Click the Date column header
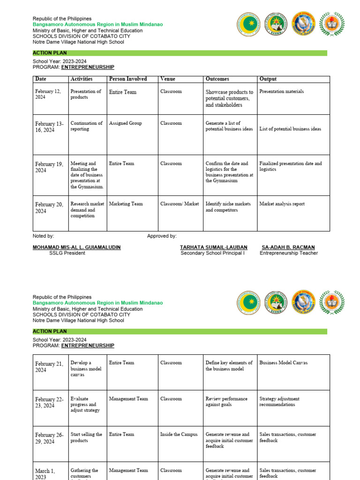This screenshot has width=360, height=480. point(41,79)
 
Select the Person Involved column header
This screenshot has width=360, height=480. point(127,79)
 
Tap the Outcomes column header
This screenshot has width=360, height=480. point(217,79)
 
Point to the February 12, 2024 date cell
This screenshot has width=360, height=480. point(48,94)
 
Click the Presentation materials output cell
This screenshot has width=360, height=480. point(281,92)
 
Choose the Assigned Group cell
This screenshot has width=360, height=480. point(125,123)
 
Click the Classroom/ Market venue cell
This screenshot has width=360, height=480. point(179,204)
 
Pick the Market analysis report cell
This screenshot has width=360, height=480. point(282,204)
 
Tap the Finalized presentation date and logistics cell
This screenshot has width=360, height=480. point(291,166)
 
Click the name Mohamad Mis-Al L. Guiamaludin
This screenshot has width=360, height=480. point(76,247)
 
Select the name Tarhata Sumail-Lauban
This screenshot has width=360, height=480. point(213,247)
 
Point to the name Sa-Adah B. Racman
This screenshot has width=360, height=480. point(288,247)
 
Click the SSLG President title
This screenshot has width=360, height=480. point(67,253)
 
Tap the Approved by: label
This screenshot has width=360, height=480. point(162,236)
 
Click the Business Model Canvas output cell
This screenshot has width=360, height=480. point(283,363)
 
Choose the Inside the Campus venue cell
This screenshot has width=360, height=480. point(179,435)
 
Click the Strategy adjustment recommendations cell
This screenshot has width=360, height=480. point(279,402)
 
